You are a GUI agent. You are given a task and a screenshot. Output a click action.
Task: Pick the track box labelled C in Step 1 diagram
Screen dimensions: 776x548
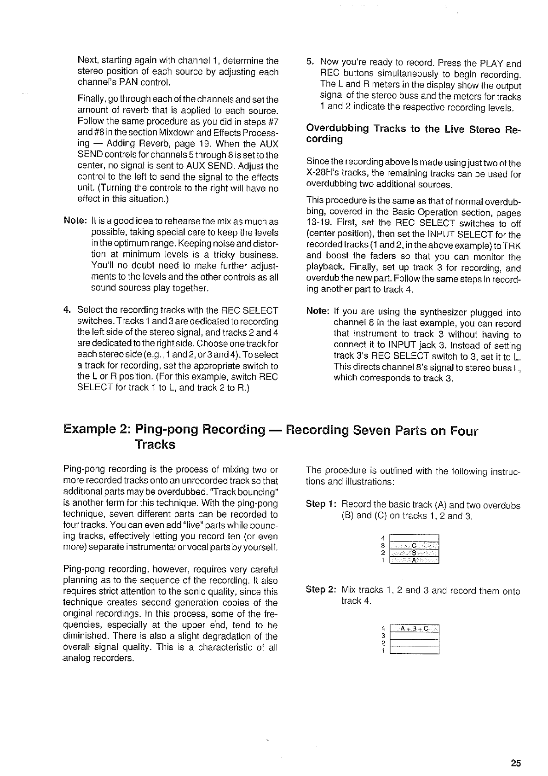[414, 546]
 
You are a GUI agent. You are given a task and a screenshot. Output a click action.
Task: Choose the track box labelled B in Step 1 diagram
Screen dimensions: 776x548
[414, 553]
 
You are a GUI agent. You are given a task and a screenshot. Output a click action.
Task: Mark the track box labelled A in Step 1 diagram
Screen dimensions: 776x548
[414, 560]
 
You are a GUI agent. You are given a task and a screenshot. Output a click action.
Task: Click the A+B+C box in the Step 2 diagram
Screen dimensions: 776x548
[414, 628]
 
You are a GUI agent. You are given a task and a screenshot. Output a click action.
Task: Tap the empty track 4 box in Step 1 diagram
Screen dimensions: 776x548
[414, 538]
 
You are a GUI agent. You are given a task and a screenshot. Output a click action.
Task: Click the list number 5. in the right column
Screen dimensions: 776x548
[311, 63]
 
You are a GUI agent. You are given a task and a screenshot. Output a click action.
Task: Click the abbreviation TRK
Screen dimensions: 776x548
[512, 246]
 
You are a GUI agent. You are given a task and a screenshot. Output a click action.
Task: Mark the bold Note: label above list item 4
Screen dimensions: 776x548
[76, 221]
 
